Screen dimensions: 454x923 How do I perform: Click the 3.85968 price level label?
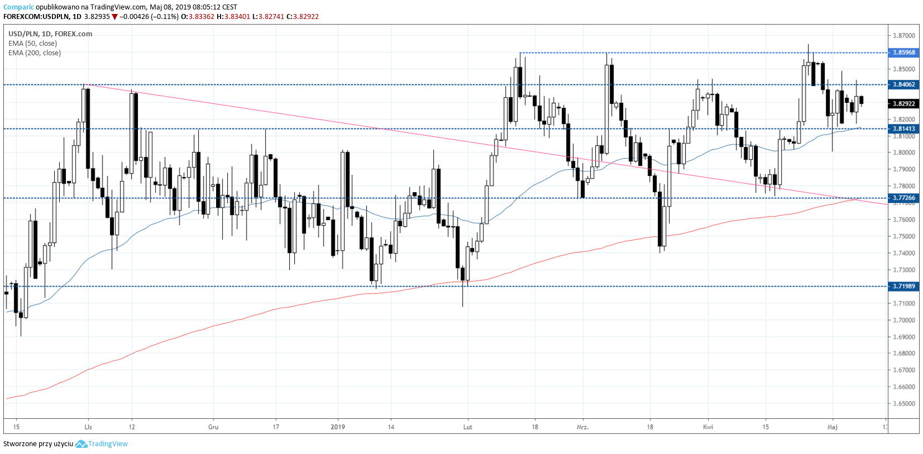click(903, 52)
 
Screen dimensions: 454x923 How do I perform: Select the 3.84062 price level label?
click(903, 85)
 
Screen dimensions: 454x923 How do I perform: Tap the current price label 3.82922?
click(903, 104)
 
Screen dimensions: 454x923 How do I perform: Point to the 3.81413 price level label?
click(903, 129)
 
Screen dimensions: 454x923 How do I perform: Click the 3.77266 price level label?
click(903, 198)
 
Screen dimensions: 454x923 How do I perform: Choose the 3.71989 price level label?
click(903, 286)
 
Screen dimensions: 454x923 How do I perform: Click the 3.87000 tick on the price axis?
click(903, 36)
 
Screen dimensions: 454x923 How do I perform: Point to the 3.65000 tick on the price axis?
click(903, 404)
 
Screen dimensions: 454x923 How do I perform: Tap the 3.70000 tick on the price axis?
click(903, 321)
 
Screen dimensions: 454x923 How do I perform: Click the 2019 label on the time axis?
click(338, 427)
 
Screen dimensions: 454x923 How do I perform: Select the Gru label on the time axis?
click(213, 427)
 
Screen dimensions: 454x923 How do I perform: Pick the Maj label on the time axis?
click(833, 427)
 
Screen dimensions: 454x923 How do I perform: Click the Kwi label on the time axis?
click(708, 427)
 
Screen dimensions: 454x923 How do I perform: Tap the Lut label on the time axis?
click(468, 427)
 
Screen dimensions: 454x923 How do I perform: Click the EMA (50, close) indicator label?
click(32, 44)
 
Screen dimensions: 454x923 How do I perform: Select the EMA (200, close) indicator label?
click(35, 53)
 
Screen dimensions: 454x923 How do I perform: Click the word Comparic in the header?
click(18, 7)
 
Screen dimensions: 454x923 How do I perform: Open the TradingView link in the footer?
click(108, 444)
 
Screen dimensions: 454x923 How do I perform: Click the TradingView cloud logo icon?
click(81, 444)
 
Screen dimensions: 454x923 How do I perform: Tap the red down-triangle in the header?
click(114, 17)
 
